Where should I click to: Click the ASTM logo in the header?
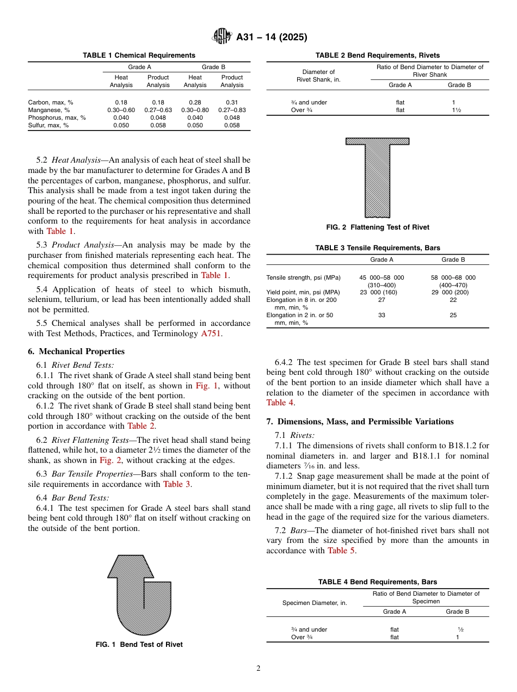pos(222,37)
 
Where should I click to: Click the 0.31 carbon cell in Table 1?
pos(232,102)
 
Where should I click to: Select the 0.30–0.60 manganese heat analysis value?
pos(121,110)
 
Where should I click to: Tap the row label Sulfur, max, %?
pos(48,125)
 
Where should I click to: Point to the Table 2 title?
pos(378,55)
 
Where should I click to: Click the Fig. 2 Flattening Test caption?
pos(378,227)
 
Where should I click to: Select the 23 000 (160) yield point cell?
pos(381,292)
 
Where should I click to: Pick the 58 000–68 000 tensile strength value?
pos(453,277)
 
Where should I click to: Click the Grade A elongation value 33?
pos(381,315)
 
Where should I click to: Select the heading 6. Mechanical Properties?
pos(76,351)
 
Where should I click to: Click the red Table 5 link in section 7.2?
pos(341,551)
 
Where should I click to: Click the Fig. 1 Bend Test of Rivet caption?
pos(139,645)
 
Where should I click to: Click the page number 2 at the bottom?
pos(258,669)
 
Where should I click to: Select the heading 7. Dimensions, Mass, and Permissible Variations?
pos(360,422)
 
